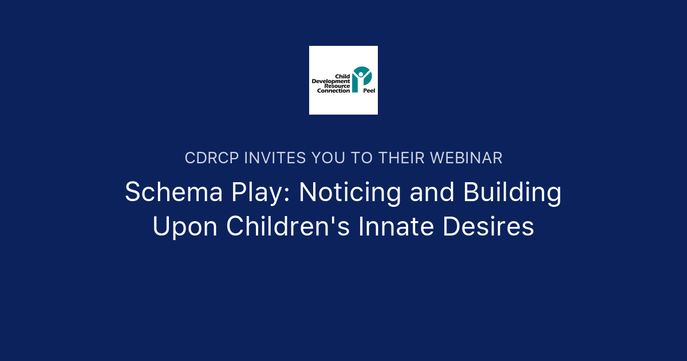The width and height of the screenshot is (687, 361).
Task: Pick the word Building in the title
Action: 512,193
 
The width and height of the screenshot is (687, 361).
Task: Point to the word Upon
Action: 184,227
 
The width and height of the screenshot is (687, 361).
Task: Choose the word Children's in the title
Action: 288,227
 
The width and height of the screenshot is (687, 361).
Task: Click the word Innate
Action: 392,227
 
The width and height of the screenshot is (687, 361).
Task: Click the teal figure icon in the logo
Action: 361,77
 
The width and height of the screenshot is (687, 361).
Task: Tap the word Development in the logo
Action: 330,81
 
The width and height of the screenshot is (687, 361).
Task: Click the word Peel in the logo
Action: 369,91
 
